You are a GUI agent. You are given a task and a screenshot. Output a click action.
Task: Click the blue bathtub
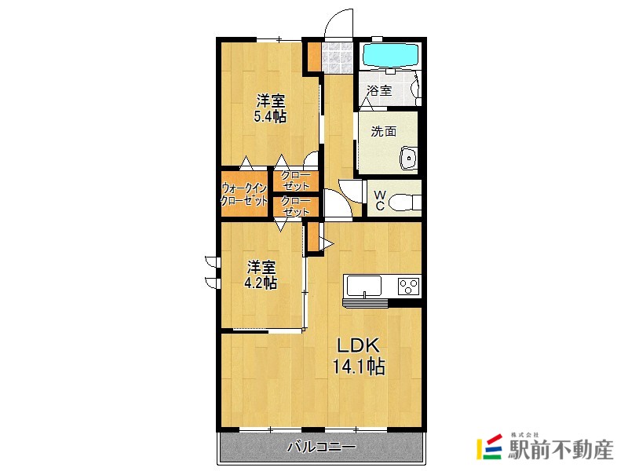pos(390,54)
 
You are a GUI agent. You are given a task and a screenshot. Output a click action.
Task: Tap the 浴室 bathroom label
pos(379,90)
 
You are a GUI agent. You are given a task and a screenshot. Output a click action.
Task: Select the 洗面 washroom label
pos(384,131)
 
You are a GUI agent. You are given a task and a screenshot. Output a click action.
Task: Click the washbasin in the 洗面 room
pos(409,158)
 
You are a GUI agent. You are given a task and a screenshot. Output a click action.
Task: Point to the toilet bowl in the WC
pos(405,203)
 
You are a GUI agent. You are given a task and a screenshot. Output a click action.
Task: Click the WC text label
pos(380,201)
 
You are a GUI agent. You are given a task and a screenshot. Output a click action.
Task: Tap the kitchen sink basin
pos(364,287)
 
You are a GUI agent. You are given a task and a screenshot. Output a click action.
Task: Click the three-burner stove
pos(408,287)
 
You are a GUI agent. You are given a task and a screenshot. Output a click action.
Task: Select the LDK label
pos(357,345)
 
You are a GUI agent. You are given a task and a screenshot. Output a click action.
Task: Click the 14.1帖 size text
pos(360,366)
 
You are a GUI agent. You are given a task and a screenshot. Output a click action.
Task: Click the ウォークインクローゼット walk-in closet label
pos(244,194)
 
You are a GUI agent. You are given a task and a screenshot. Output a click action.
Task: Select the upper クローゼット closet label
pos(296,181)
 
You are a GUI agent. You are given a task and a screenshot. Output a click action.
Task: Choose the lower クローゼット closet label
pos(296,206)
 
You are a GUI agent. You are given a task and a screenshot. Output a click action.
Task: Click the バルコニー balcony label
pos(321,447)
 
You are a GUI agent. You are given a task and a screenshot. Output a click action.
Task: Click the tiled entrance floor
pos(338,57)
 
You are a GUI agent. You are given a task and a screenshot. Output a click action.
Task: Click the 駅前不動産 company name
pos(560,450)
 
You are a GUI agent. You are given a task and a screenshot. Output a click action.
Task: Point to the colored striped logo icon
pos(489,447)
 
